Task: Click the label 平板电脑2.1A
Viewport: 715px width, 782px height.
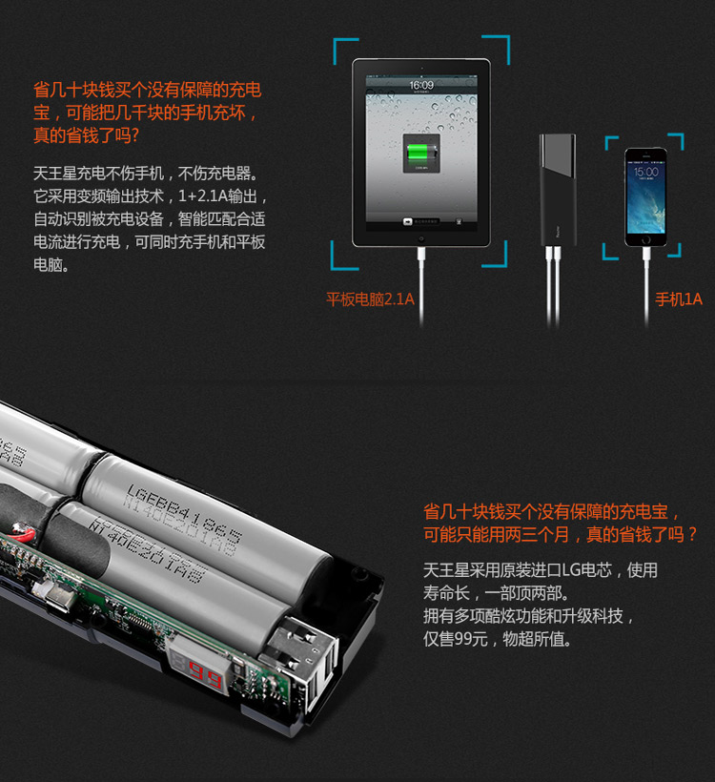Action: (x=370, y=299)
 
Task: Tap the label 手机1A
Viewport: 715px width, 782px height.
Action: (x=678, y=299)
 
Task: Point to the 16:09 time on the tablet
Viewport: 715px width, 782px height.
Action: (x=420, y=85)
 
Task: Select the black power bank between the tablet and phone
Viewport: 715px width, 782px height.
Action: (x=557, y=191)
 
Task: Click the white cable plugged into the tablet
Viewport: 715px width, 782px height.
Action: (x=420, y=281)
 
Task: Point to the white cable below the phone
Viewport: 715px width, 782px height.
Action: (x=645, y=277)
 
